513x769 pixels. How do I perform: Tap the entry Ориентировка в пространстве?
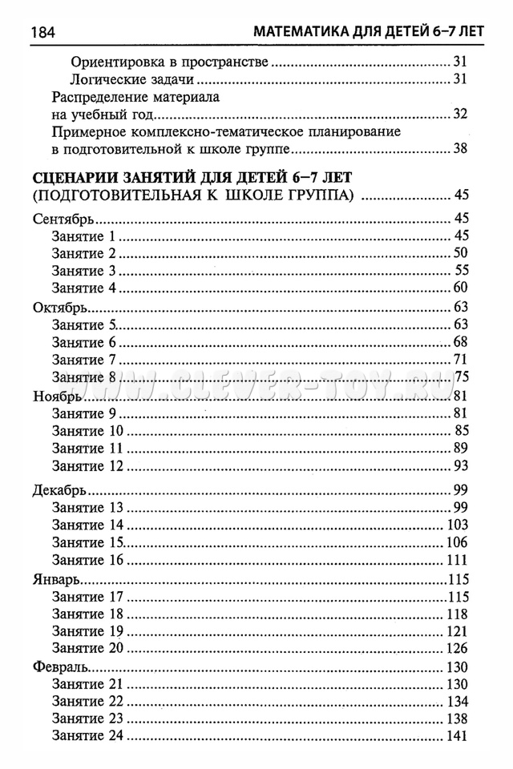coord(168,62)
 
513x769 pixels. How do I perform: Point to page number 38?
coord(459,148)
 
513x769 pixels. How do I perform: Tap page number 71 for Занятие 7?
coord(459,359)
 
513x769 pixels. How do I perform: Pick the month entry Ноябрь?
coord(56,396)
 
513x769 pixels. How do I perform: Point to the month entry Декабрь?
coord(60,490)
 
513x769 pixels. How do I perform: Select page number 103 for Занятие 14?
coord(455,525)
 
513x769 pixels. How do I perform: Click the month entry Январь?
coord(58,579)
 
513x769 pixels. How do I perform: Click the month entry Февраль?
coord(60,667)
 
